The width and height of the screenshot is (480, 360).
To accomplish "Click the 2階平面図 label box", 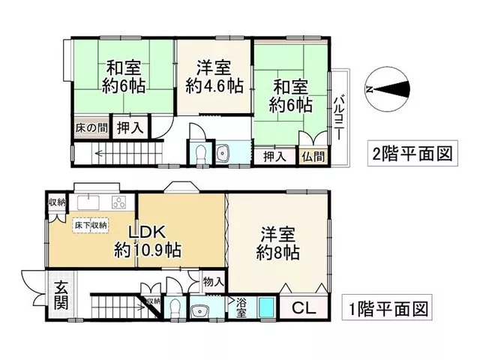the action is coord(412,153).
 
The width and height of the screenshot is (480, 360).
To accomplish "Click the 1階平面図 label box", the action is coord(387,307).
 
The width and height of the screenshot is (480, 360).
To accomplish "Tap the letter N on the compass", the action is coord(369,89).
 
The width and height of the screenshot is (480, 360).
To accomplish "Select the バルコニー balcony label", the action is coord(338,118).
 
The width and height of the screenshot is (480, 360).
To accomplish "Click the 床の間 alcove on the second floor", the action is coord(91,127).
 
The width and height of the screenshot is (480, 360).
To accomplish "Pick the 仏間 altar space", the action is coord(313,157).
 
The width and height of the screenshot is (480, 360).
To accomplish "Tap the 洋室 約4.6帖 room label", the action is coord(214,77).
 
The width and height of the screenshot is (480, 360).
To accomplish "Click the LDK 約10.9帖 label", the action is coord(148,241).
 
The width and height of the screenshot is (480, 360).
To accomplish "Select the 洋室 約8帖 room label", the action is coord(278,243).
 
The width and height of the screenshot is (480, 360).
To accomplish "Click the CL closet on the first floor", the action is coord(304,307).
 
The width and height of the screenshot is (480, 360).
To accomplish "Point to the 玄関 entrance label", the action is coord(61,295).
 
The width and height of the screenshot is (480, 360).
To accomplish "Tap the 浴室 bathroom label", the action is coord(241,307).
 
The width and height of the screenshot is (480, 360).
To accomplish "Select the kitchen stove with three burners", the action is coord(119,202).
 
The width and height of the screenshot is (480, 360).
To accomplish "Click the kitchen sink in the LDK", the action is coord(88,202).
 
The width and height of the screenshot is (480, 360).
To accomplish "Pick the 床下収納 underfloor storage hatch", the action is coord(91,225).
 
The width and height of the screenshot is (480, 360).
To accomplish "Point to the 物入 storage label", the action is coord(212,282).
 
